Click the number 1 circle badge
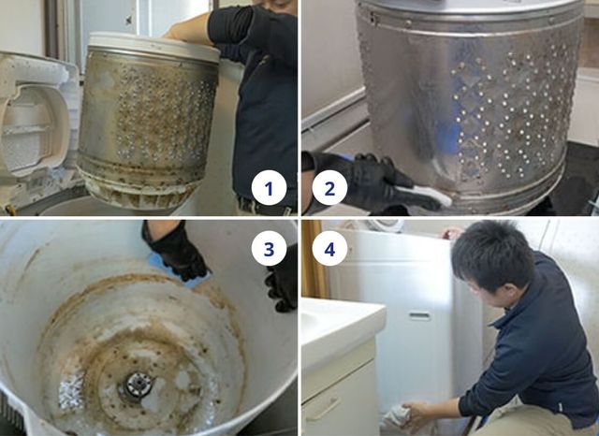coord(269,188)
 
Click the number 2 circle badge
coord(329,188)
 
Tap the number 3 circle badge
coord(269,249)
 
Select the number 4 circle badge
coord(329,249)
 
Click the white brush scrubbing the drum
coord(424,194)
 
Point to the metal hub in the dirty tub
coord(138,385)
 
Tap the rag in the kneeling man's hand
coord(396,417)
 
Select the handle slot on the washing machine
coord(419,315)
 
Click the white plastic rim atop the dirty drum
coord(153,46)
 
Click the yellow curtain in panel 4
coord(314,259)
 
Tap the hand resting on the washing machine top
coord(453,232)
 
